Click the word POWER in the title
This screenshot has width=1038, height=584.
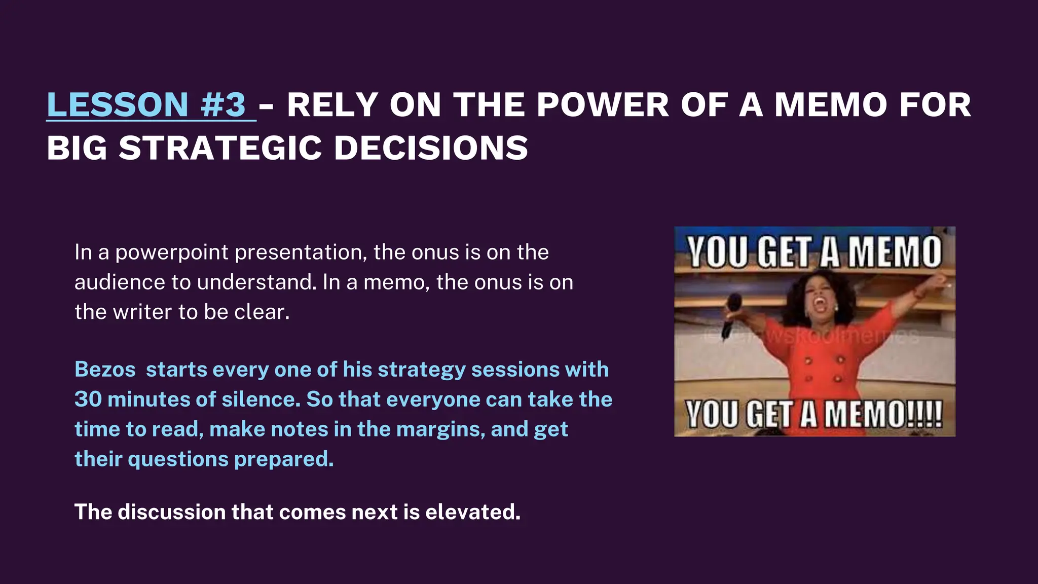(603, 105)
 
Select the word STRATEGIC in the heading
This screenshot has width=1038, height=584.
(220, 149)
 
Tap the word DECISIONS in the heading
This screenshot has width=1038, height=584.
(431, 149)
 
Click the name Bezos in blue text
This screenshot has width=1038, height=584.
(105, 370)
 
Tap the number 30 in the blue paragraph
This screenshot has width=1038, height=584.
(88, 399)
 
